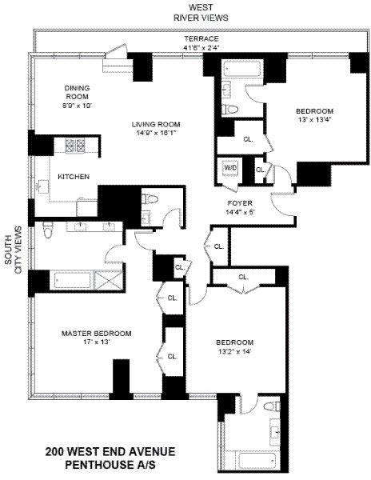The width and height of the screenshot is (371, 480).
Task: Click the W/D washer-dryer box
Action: click(230, 169)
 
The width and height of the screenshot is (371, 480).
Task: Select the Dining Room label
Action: click(81, 96)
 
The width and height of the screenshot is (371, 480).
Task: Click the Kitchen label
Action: click(73, 177)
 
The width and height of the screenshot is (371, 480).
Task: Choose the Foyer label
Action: click(241, 208)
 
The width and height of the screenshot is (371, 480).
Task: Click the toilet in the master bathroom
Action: click(49, 231)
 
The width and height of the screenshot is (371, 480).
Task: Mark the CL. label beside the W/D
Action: click(260, 170)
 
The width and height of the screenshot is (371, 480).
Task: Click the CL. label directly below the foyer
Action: click(217, 247)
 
